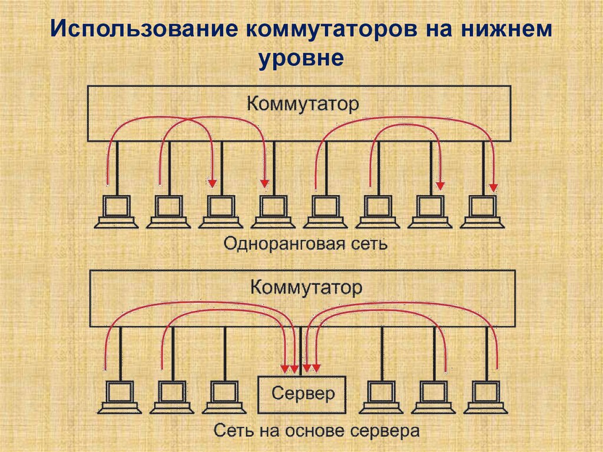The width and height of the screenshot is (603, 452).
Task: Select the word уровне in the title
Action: (x=301, y=59)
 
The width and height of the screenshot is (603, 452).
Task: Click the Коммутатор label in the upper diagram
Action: (x=302, y=104)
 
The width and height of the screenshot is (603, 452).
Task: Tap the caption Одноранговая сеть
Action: (x=305, y=243)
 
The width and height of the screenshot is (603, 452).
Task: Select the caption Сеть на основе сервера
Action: (x=316, y=430)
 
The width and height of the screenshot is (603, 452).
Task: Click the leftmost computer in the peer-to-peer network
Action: (x=117, y=211)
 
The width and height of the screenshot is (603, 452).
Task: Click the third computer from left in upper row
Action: (x=221, y=211)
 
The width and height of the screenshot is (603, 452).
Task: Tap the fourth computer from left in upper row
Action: (x=273, y=211)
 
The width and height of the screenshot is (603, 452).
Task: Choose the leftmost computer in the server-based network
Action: (x=120, y=397)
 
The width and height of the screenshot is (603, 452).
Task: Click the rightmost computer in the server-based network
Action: (x=487, y=397)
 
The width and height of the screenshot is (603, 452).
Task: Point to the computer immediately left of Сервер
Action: (x=225, y=397)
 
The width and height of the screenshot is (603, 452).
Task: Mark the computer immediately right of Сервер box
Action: (x=382, y=397)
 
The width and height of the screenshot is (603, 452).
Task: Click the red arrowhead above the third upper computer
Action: (x=212, y=182)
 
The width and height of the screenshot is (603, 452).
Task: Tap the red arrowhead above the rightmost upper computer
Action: (x=493, y=187)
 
